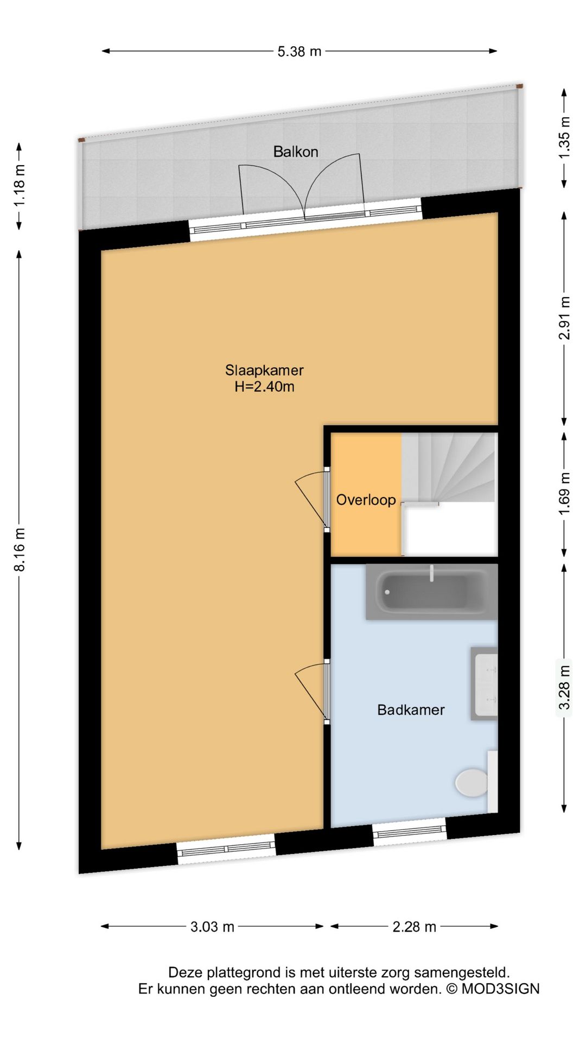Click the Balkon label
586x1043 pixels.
pyautogui.click(x=295, y=152)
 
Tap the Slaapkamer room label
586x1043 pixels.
pyautogui.click(x=264, y=370)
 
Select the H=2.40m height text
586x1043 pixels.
pyautogui.click(x=264, y=387)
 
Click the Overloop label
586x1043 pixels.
pyautogui.click(x=366, y=500)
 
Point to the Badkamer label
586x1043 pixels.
pyautogui.click(x=411, y=710)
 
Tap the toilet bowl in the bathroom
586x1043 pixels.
pyautogui.click(x=472, y=782)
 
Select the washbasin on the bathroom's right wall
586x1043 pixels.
pyautogui.click(x=485, y=683)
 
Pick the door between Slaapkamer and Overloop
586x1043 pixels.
pyautogui.click(x=326, y=498)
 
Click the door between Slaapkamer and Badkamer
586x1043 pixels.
pyautogui.click(x=326, y=691)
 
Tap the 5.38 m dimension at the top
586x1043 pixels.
pyautogui.click(x=299, y=52)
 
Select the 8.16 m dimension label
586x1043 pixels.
pyautogui.click(x=20, y=549)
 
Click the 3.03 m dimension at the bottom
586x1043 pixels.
pyautogui.click(x=212, y=927)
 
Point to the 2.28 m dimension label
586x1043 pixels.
pyautogui.click(x=414, y=927)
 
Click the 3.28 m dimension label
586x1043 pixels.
pyautogui.click(x=564, y=687)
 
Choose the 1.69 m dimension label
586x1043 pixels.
pyautogui.click(x=564, y=494)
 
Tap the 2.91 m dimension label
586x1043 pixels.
pyautogui.click(x=564, y=318)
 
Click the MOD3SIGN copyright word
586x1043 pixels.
pyautogui.click(x=500, y=989)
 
